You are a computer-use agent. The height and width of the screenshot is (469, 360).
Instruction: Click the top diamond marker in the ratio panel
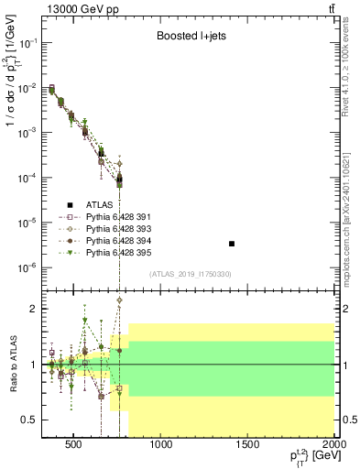(120, 300)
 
